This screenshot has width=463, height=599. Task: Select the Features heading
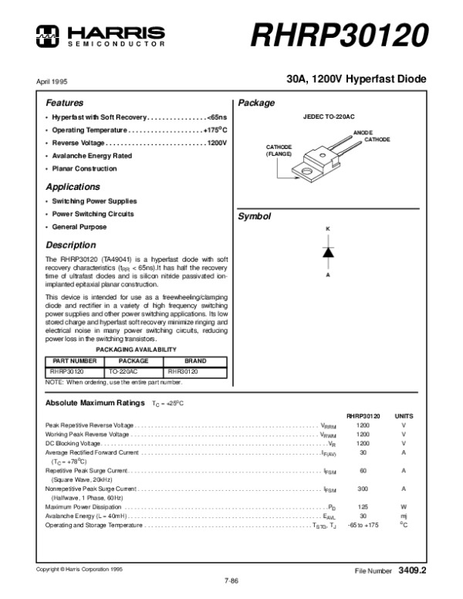[x=65, y=103]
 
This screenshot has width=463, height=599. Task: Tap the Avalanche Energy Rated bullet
[x=92, y=155]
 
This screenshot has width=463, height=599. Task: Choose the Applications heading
[x=73, y=187]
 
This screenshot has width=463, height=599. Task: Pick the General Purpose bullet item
[x=79, y=227]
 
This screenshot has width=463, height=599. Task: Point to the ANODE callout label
[x=363, y=133]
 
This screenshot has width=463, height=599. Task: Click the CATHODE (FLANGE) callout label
[x=279, y=151]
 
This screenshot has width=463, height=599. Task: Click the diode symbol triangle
[x=327, y=252]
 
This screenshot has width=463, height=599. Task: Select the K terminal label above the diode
[x=327, y=229]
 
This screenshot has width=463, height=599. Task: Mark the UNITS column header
[x=404, y=415]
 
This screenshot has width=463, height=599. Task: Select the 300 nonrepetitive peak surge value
[x=363, y=488]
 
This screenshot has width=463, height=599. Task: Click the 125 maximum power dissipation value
[x=363, y=506]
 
